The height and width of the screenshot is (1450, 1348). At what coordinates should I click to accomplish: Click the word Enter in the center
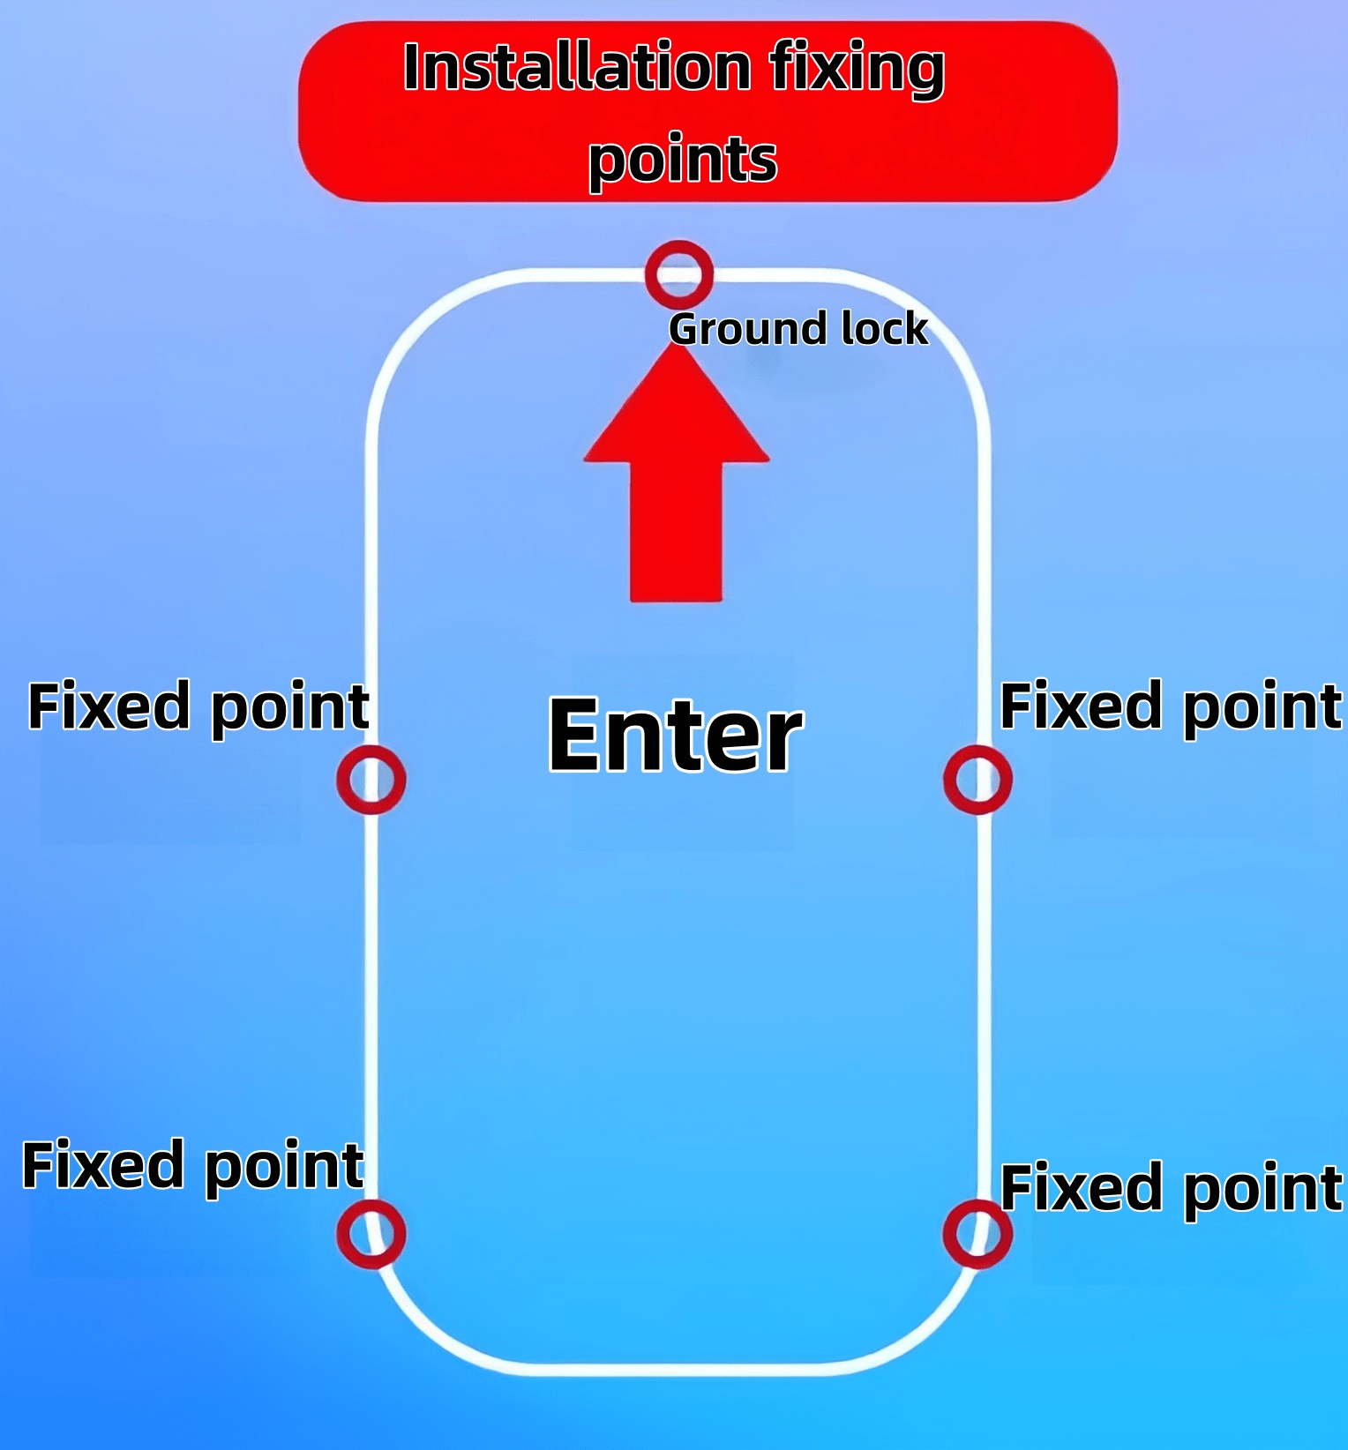676,735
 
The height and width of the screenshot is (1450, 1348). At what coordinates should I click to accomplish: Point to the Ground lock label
798,330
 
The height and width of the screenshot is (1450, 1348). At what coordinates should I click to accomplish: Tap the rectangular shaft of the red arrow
677,532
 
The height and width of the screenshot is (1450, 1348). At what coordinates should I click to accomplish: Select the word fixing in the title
857,71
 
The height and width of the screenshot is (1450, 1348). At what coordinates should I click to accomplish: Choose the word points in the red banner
683,160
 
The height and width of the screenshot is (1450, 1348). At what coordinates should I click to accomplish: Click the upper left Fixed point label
198,708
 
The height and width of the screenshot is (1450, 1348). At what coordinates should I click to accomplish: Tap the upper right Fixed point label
1171,708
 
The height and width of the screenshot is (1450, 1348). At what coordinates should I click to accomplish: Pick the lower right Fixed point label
1172,1190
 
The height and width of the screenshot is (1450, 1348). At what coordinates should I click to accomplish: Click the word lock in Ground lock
885,328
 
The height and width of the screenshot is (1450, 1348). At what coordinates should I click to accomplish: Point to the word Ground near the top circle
749,330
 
